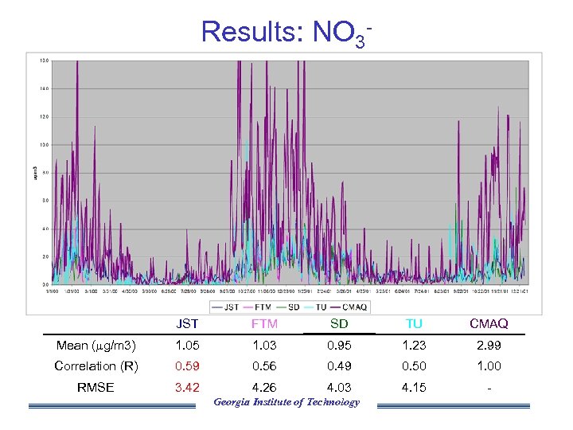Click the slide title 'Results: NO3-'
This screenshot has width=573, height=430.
click(x=286, y=32)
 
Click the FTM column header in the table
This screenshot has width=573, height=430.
click(x=264, y=324)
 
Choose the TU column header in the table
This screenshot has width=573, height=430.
click(x=414, y=324)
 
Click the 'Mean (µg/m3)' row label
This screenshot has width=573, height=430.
click(x=95, y=346)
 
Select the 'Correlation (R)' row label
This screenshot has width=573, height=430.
click(x=95, y=366)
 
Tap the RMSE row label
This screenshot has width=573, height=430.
click(x=95, y=388)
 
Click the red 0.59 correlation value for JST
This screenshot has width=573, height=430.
click(x=188, y=366)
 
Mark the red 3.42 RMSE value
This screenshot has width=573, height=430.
click(x=188, y=388)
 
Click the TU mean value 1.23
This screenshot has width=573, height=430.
click(x=414, y=346)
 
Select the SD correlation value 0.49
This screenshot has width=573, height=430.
click(x=339, y=366)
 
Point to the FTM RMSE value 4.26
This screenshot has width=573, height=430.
click(x=264, y=388)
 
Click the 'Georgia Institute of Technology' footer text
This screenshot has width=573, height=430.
click(x=286, y=402)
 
